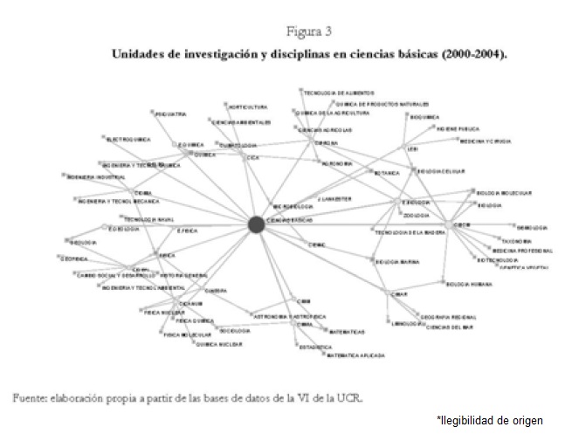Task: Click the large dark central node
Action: point(256,224)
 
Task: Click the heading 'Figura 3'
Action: point(304,33)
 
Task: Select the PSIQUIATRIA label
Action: point(170,114)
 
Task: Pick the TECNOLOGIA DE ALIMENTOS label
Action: point(339,92)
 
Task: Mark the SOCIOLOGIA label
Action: point(235,331)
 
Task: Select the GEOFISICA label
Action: point(75,258)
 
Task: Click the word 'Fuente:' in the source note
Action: point(31,397)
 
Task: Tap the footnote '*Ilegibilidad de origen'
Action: point(489,420)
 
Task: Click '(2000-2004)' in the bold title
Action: point(470,53)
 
